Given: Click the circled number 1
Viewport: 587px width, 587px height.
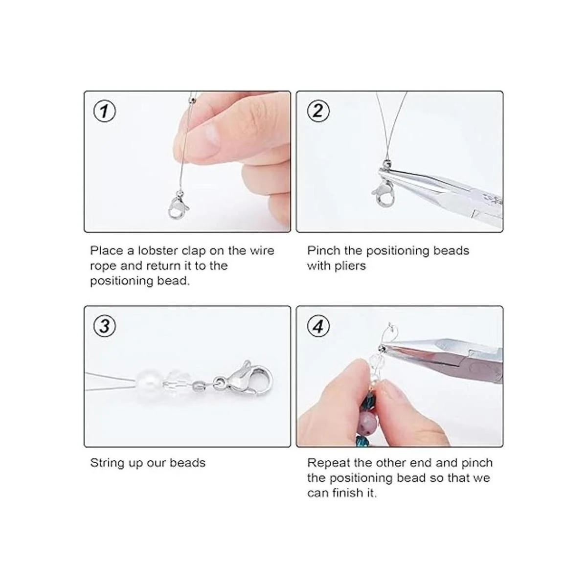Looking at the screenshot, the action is (x=105, y=111).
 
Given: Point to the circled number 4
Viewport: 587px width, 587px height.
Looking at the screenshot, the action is (x=318, y=327).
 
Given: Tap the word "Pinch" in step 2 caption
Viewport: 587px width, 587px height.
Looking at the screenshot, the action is (x=323, y=251).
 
